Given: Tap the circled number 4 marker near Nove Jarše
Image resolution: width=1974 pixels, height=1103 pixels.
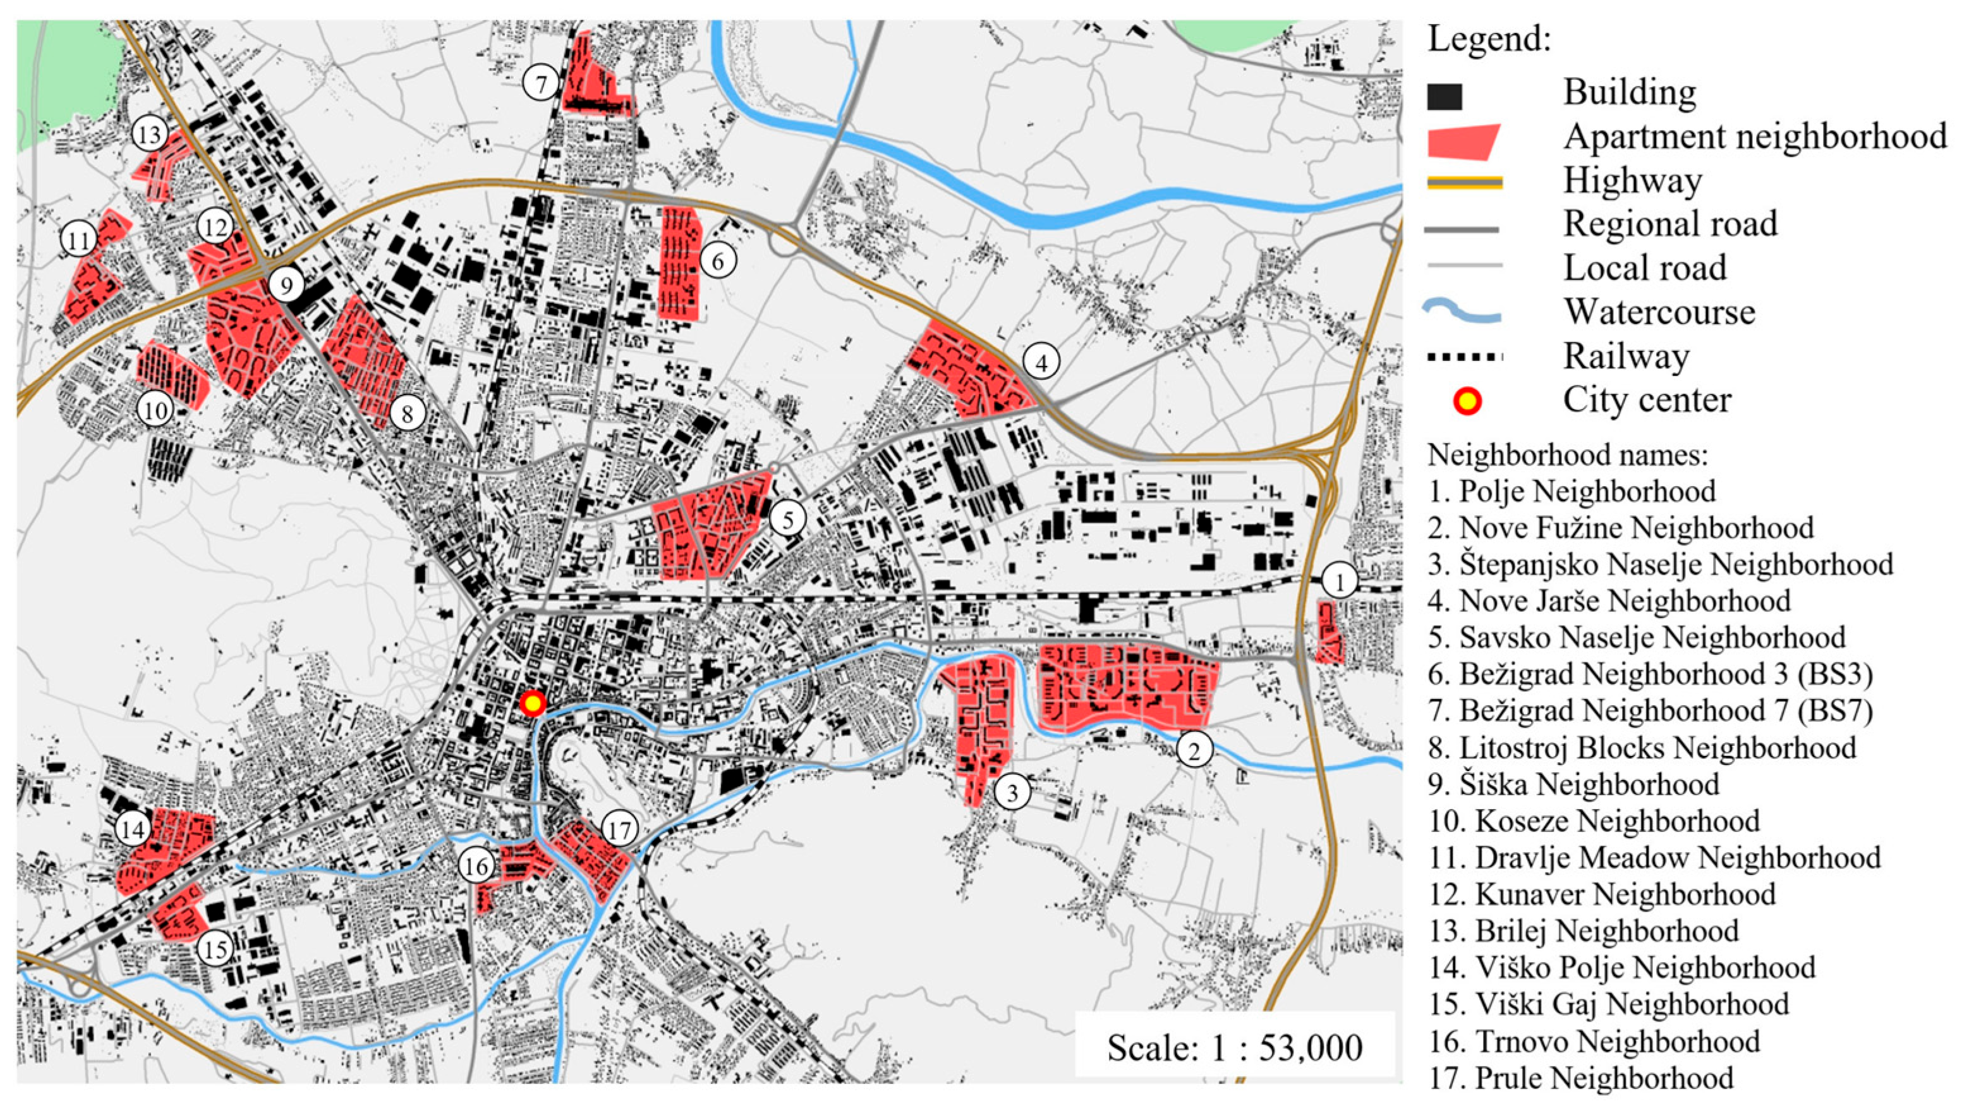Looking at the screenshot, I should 1041,363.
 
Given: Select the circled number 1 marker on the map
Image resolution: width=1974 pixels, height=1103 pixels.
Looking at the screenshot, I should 1339,583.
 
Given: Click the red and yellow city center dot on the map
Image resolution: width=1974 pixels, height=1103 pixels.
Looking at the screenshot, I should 533,703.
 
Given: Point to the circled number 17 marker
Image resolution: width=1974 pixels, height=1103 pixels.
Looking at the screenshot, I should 619,829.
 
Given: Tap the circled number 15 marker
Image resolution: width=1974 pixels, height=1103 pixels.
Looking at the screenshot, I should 215,949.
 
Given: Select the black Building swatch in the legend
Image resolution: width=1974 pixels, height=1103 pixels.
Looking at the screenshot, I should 1444,97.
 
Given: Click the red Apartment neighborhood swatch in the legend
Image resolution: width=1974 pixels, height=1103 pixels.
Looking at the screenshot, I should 1462,142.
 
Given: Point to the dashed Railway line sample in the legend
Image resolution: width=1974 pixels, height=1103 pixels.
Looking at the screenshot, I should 1463,356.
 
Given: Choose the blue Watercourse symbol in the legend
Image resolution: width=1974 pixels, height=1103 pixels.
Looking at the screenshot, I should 1462,311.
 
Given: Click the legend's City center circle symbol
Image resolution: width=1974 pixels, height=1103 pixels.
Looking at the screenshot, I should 1467,401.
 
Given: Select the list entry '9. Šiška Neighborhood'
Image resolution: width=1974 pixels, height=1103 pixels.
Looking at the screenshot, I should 1574,784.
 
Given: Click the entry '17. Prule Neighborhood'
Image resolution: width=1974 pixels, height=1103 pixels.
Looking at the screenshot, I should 1580,1078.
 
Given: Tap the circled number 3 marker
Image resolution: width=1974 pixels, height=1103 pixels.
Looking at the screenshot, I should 1012,792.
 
